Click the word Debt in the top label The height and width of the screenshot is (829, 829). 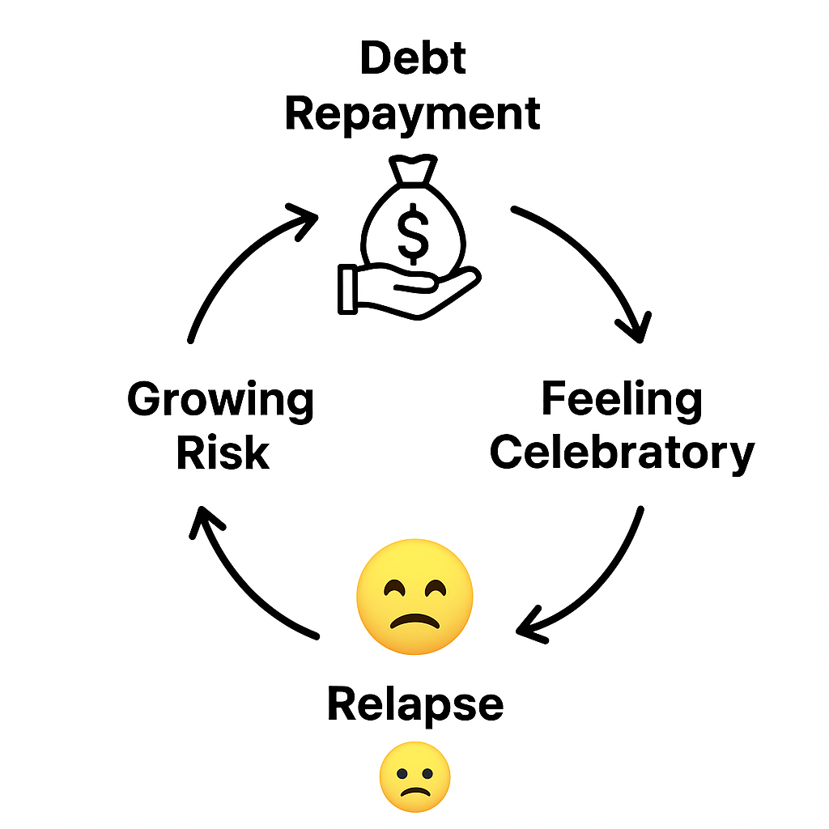413,58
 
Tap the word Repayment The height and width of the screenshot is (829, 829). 413,113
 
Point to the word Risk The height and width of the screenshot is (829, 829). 222,453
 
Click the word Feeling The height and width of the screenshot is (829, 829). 622,401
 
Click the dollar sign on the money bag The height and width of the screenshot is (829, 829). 414,233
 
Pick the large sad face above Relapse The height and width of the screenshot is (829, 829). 414,594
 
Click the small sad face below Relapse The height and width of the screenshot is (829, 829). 414,777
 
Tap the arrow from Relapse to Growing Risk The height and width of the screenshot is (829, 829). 243,583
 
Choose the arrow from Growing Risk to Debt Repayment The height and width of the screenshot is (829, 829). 235,259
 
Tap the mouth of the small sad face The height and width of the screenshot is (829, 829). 414,789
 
